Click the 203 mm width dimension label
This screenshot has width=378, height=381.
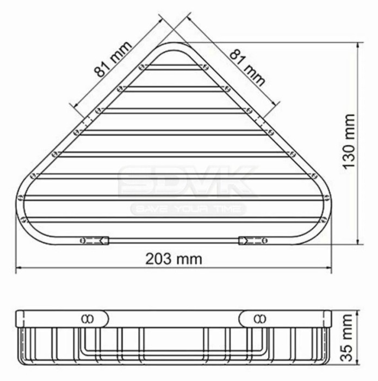[x=173, y=259]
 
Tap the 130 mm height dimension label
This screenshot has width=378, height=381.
[x=349, y=142]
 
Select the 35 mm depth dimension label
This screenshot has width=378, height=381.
[x=346, y=338]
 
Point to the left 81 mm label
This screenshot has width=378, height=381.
[x=113, y=59]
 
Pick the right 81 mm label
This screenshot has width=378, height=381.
[x=247, y=67]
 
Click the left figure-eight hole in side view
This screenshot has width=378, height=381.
[x=88, y=318]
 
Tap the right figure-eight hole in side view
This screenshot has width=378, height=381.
[x=260, y=318]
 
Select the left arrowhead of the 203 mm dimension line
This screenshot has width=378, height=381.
[x=19, y=268]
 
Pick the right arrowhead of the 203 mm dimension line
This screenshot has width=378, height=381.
[x=328, y=268]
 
